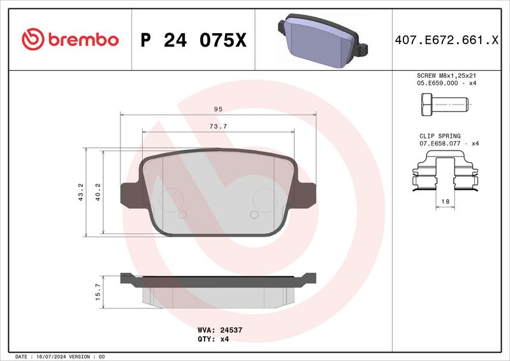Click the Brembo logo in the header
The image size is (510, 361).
point(70,40)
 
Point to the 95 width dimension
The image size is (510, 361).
point(218,109)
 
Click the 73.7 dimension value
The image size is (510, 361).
point(218,126)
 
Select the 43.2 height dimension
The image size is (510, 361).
point(80,193)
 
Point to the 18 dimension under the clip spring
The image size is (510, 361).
point(445,202)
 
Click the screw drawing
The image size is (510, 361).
point(444,103)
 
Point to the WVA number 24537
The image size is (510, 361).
point(228,331)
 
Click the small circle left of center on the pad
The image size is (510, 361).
point(184,215)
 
